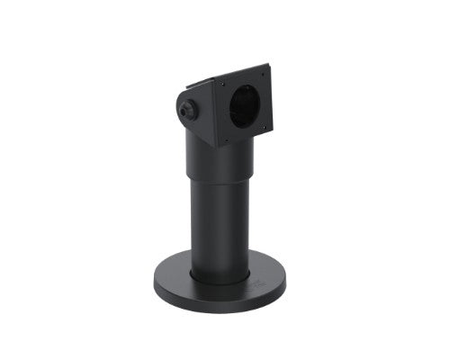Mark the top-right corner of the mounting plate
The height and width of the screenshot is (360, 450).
click(x=269, y=65)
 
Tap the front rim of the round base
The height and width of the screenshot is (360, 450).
click(x=220, y=302)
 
